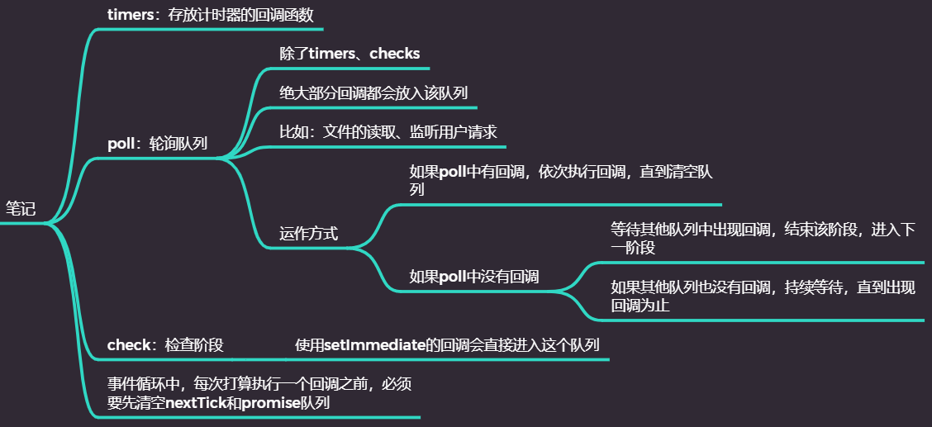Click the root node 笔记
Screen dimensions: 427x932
point(21,209)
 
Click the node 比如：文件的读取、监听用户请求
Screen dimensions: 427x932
point(388,132)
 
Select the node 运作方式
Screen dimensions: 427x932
point(308,233)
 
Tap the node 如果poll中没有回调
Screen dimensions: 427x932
point(474,277)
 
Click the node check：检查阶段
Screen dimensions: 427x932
point(165,344)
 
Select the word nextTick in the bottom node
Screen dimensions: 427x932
point(198,403)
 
